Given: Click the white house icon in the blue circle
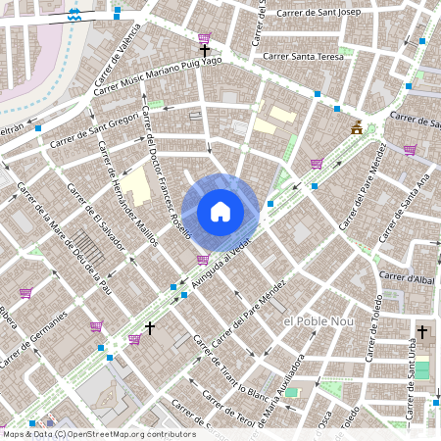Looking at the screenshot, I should coord(220,211).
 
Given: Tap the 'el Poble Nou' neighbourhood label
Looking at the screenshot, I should coord(316,321).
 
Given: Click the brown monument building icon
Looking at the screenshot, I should coord(358,128).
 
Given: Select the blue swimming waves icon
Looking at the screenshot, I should coord(76,15).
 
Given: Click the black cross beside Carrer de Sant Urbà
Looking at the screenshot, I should coord(423,331).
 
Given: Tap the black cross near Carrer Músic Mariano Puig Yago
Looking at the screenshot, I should coord(205,50).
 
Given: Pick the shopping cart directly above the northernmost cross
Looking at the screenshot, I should coord(204,37).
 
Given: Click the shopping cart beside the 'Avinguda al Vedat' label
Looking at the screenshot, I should coord(202,260).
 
